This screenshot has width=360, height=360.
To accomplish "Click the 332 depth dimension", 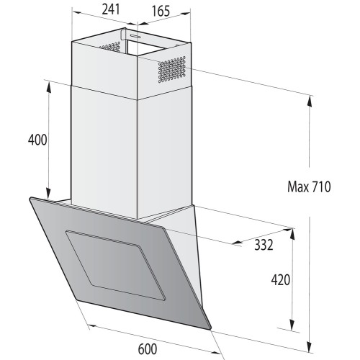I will click(x=264, y=245).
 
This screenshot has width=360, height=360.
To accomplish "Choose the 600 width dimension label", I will click(x=146, y=348).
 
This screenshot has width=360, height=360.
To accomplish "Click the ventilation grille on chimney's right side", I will click(x=173, y=69).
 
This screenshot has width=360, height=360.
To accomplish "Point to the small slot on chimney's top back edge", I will click(x=135, y=34).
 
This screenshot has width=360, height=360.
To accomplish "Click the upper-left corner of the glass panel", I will click(x=31, y=199).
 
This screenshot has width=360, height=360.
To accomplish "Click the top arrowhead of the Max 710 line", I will click(x=309, y=98).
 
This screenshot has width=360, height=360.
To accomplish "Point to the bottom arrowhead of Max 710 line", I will click(x=309, y=345).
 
